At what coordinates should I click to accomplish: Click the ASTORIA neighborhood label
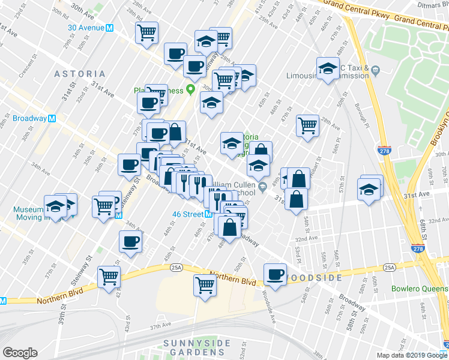pos(80,73)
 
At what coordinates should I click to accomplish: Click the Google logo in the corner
pos(20,353)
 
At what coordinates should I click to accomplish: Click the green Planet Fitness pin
pos(191,91)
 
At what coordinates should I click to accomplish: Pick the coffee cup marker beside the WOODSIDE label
pos(276,274)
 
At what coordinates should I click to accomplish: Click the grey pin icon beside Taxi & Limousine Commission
pos(375,71)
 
